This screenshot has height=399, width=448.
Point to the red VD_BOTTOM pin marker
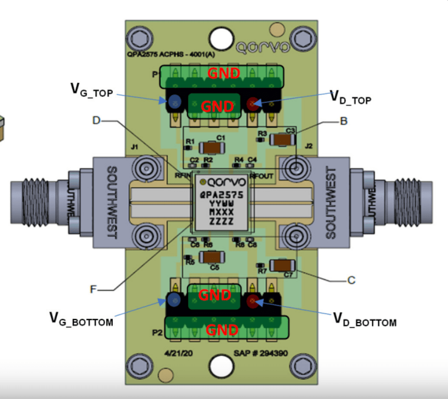point(252,301)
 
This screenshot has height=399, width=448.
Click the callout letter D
point(96,121)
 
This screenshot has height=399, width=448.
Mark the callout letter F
point(94,289)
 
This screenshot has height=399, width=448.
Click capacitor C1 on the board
point(212,148)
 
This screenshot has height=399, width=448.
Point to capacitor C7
point(281,265)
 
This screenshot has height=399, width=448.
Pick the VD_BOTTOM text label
point(364,320)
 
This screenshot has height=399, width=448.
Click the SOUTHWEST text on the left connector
point(111,202)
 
